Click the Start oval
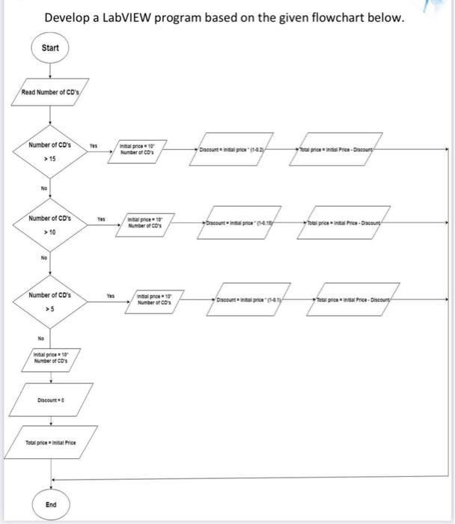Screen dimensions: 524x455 click(x=50, y=49)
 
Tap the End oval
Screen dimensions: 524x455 click(x=50, y=505)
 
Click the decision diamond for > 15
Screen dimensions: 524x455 click(x=50, y=149)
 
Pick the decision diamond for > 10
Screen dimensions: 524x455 click(x=50, y=225)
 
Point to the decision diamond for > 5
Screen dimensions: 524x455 click(x=50, y=301)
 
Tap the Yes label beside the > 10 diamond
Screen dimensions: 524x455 click(x=100, y=219)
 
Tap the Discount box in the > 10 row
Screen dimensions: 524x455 click(x=237, y=225)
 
